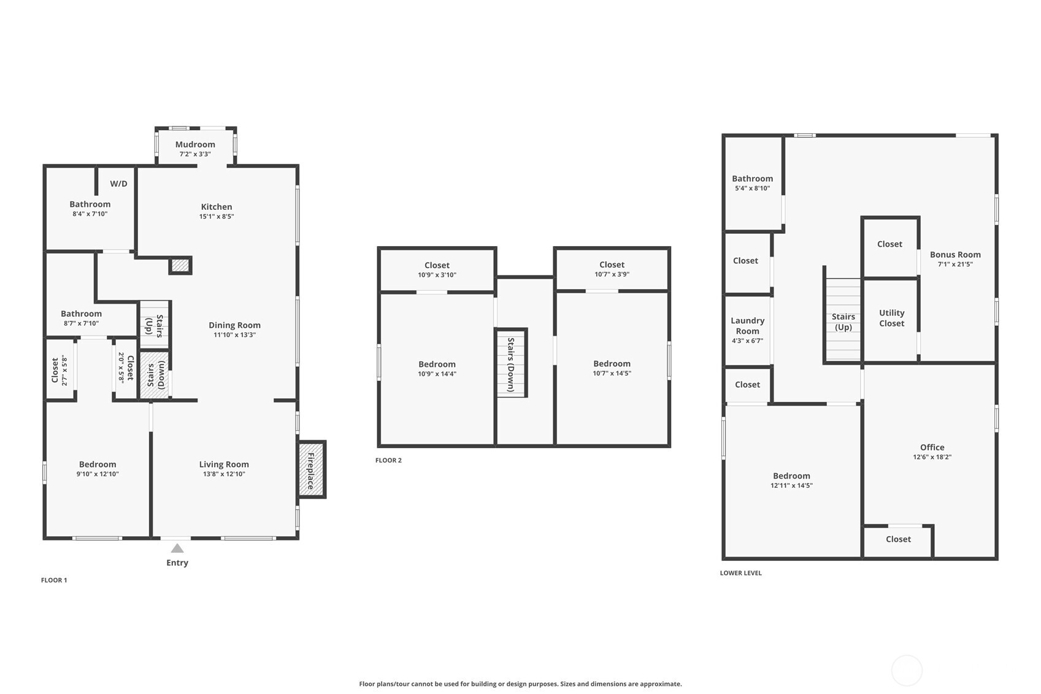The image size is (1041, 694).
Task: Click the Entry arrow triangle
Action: tap(177, 549)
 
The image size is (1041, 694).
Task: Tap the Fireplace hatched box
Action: tap(312, 469)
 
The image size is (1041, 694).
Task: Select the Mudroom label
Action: tap(195, 145)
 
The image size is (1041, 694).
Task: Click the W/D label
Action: tap(118, 183)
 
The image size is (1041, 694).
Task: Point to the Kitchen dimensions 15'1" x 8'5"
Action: tap(217, 216)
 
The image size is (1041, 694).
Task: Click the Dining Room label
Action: tap(235, 325)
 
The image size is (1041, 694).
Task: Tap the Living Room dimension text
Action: tap(224, 474)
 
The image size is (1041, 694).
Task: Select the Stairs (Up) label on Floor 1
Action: tap(155, 325)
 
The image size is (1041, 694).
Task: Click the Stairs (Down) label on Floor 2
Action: tap(511, 364)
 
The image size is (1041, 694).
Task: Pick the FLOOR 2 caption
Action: tap(388, 460)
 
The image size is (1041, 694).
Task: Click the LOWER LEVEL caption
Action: tap(741, 573)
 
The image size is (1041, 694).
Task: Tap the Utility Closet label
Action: tap(891, 318)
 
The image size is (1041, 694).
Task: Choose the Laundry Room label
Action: tap(747, 326)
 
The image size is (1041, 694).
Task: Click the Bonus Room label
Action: tap(955, 255)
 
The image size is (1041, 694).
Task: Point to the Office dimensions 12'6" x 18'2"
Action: tap(932, 457)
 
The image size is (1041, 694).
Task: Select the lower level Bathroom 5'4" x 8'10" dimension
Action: tap(753, 188)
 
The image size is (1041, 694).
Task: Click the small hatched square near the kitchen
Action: tap(180, 266)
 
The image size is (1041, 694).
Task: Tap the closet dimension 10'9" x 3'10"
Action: tap(437, 275)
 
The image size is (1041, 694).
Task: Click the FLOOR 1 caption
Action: tap(54, 580)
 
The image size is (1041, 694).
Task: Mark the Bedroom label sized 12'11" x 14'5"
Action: tap(791, 476)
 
